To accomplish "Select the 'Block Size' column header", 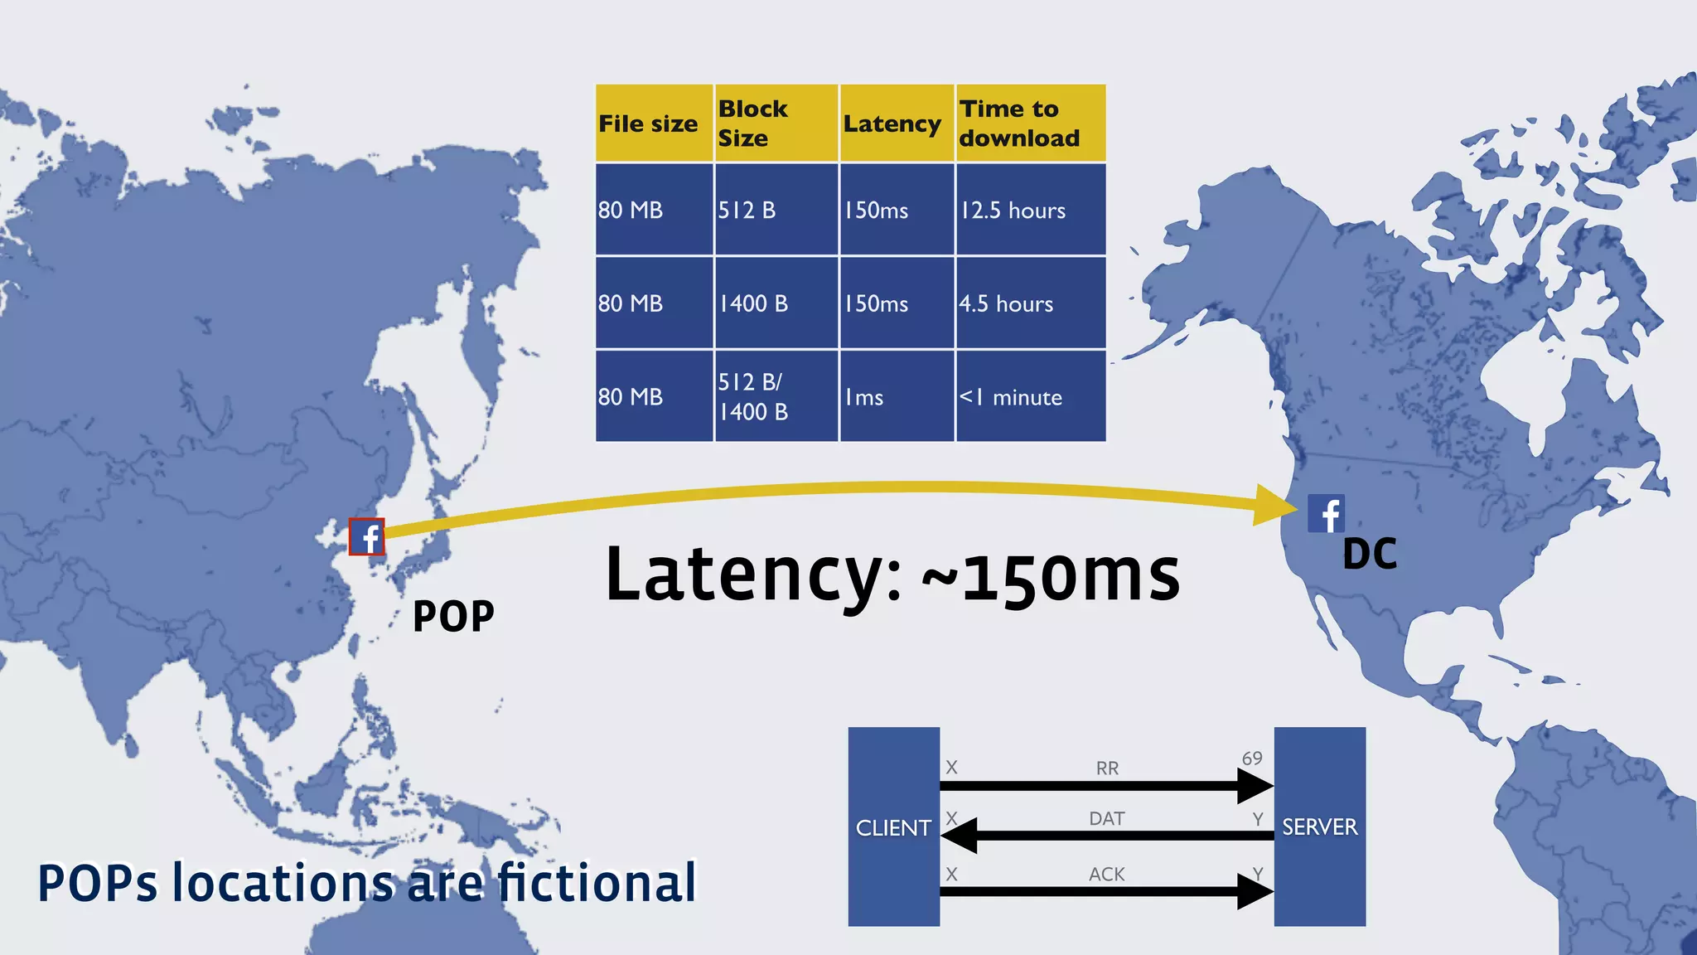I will pyautogui.click(x=776, y=124).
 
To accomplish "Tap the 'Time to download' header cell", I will pyautogui.click(x=1030, y=124).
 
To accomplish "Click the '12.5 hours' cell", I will pyautogui.click(x=1030, y=210).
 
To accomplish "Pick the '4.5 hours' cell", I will pyautogui.click(x=1030, y=303).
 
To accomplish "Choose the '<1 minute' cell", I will pyautogui.click(x=1030, y=397).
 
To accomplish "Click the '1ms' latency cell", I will pyautogui.click(x=896, y=397).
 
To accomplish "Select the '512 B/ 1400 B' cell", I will pyautogui.click(x=776, y=397).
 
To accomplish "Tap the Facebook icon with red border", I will pyautogui.click(x=366, y=537).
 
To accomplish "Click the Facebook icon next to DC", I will pyautogui.click(x=1326, y=514).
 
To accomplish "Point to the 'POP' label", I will pyautogui.click(x=453, y=616).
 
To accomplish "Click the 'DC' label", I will pyautogui.click(x=1370, y=555).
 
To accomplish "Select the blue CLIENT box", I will pyautogui.click(x=893, y=827).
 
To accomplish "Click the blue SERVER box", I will pyautogui.click(x=1319, y=827).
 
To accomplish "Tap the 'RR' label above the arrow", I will pyautogui.click(x=1107, y=768).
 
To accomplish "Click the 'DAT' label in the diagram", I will pyautogui.click(x=1107, y=819).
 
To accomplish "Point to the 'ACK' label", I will pyautogui.click(x=1107, y=874).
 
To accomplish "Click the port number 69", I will pyautogui.click(x=1252, y=758).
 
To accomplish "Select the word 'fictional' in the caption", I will pyautogui.click(x=597, y=883).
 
